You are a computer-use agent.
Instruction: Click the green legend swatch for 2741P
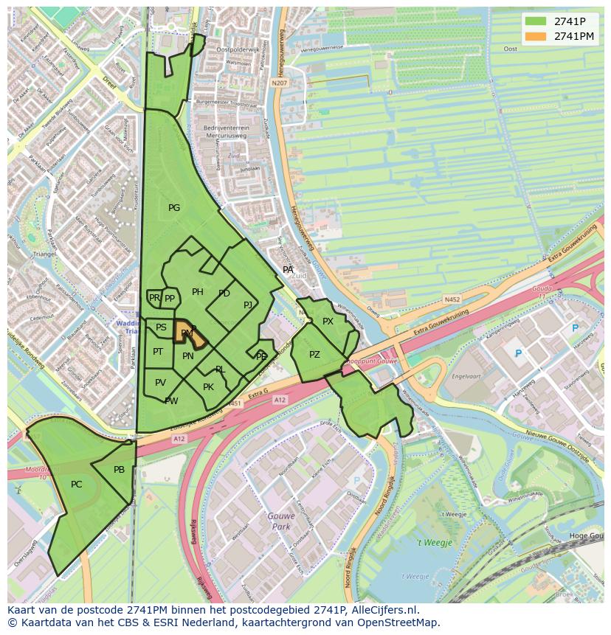[536, 21]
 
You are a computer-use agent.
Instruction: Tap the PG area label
[174, 208]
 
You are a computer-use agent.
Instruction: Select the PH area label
[198, 292]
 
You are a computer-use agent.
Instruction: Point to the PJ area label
[248, 305]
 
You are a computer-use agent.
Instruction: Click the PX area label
[328, 322]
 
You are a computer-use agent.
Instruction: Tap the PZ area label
[315, 355]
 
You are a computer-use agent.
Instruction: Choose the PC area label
[77, 485]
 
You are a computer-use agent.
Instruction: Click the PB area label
[119, 470]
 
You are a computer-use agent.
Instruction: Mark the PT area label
[158, 352]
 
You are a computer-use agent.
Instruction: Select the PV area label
[160, 382]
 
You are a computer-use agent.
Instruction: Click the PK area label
[208, 387]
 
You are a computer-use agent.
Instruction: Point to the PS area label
[161, 327]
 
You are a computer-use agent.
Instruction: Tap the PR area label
[154, 298]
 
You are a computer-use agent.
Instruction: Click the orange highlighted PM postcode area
[188, 333]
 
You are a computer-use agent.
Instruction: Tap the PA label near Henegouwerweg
[289, 270]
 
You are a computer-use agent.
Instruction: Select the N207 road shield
[279, 83]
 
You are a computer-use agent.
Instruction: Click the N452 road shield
[452, 299]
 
